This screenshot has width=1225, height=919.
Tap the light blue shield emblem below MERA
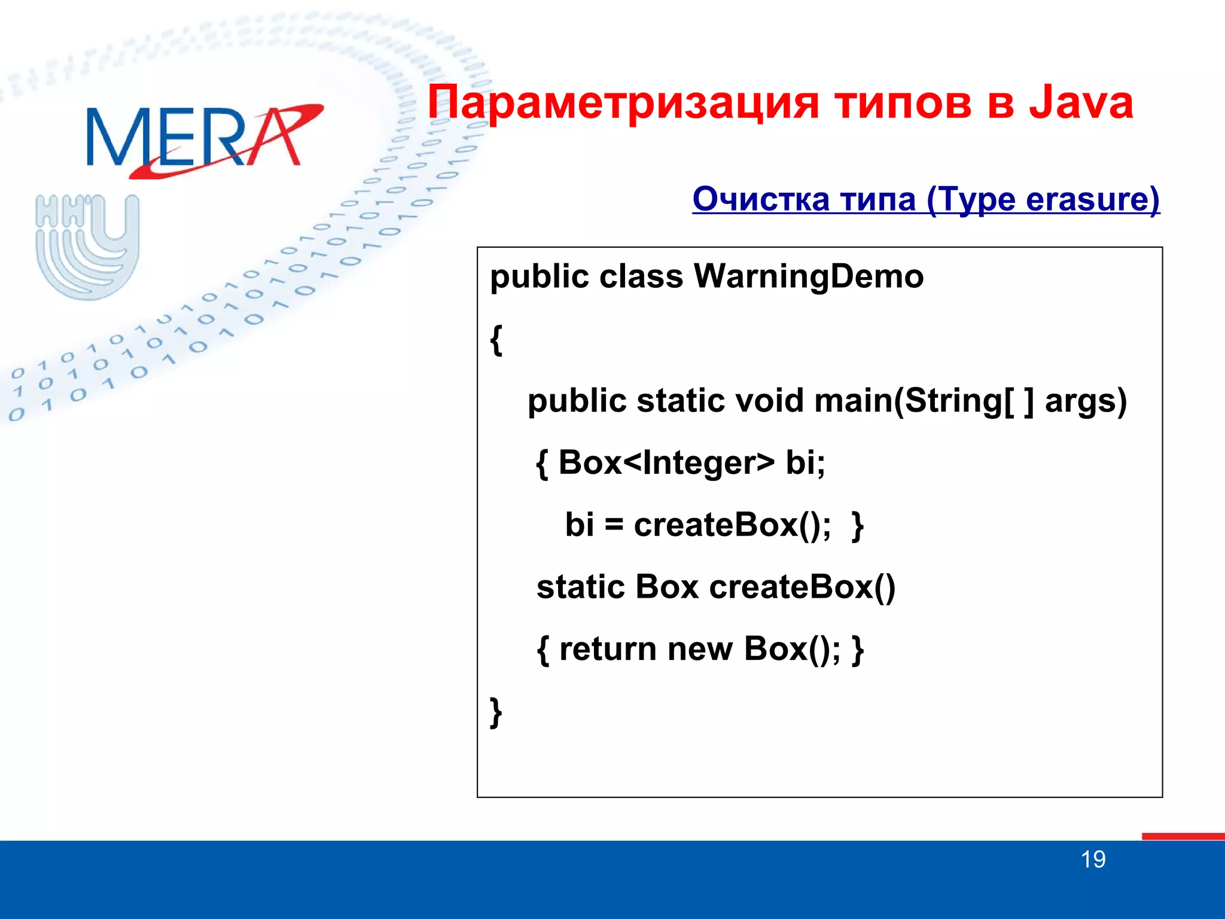pyautogui.click(x=87, y=247)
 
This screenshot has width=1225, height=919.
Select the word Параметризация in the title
pyautogui.click(x=622, y=102)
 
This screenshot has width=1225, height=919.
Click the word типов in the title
pyautogui.click(x=903, y=102)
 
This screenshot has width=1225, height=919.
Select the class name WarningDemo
pyautogui.click(x=808, y=277)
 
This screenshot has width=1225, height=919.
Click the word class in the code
pyautogui.click(x=641, y=277)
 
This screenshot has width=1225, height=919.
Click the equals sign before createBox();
pyautogui.click(x=614, y=525)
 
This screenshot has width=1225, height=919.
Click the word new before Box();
pyautogui.click(x=699, y=649)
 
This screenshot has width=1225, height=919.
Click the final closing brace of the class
pyautogui.click(x=496, y=712)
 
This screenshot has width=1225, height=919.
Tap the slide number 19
pyautogui.click(x=1093, y=860)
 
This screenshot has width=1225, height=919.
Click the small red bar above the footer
pyautogui.click(x=1183, y=836)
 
